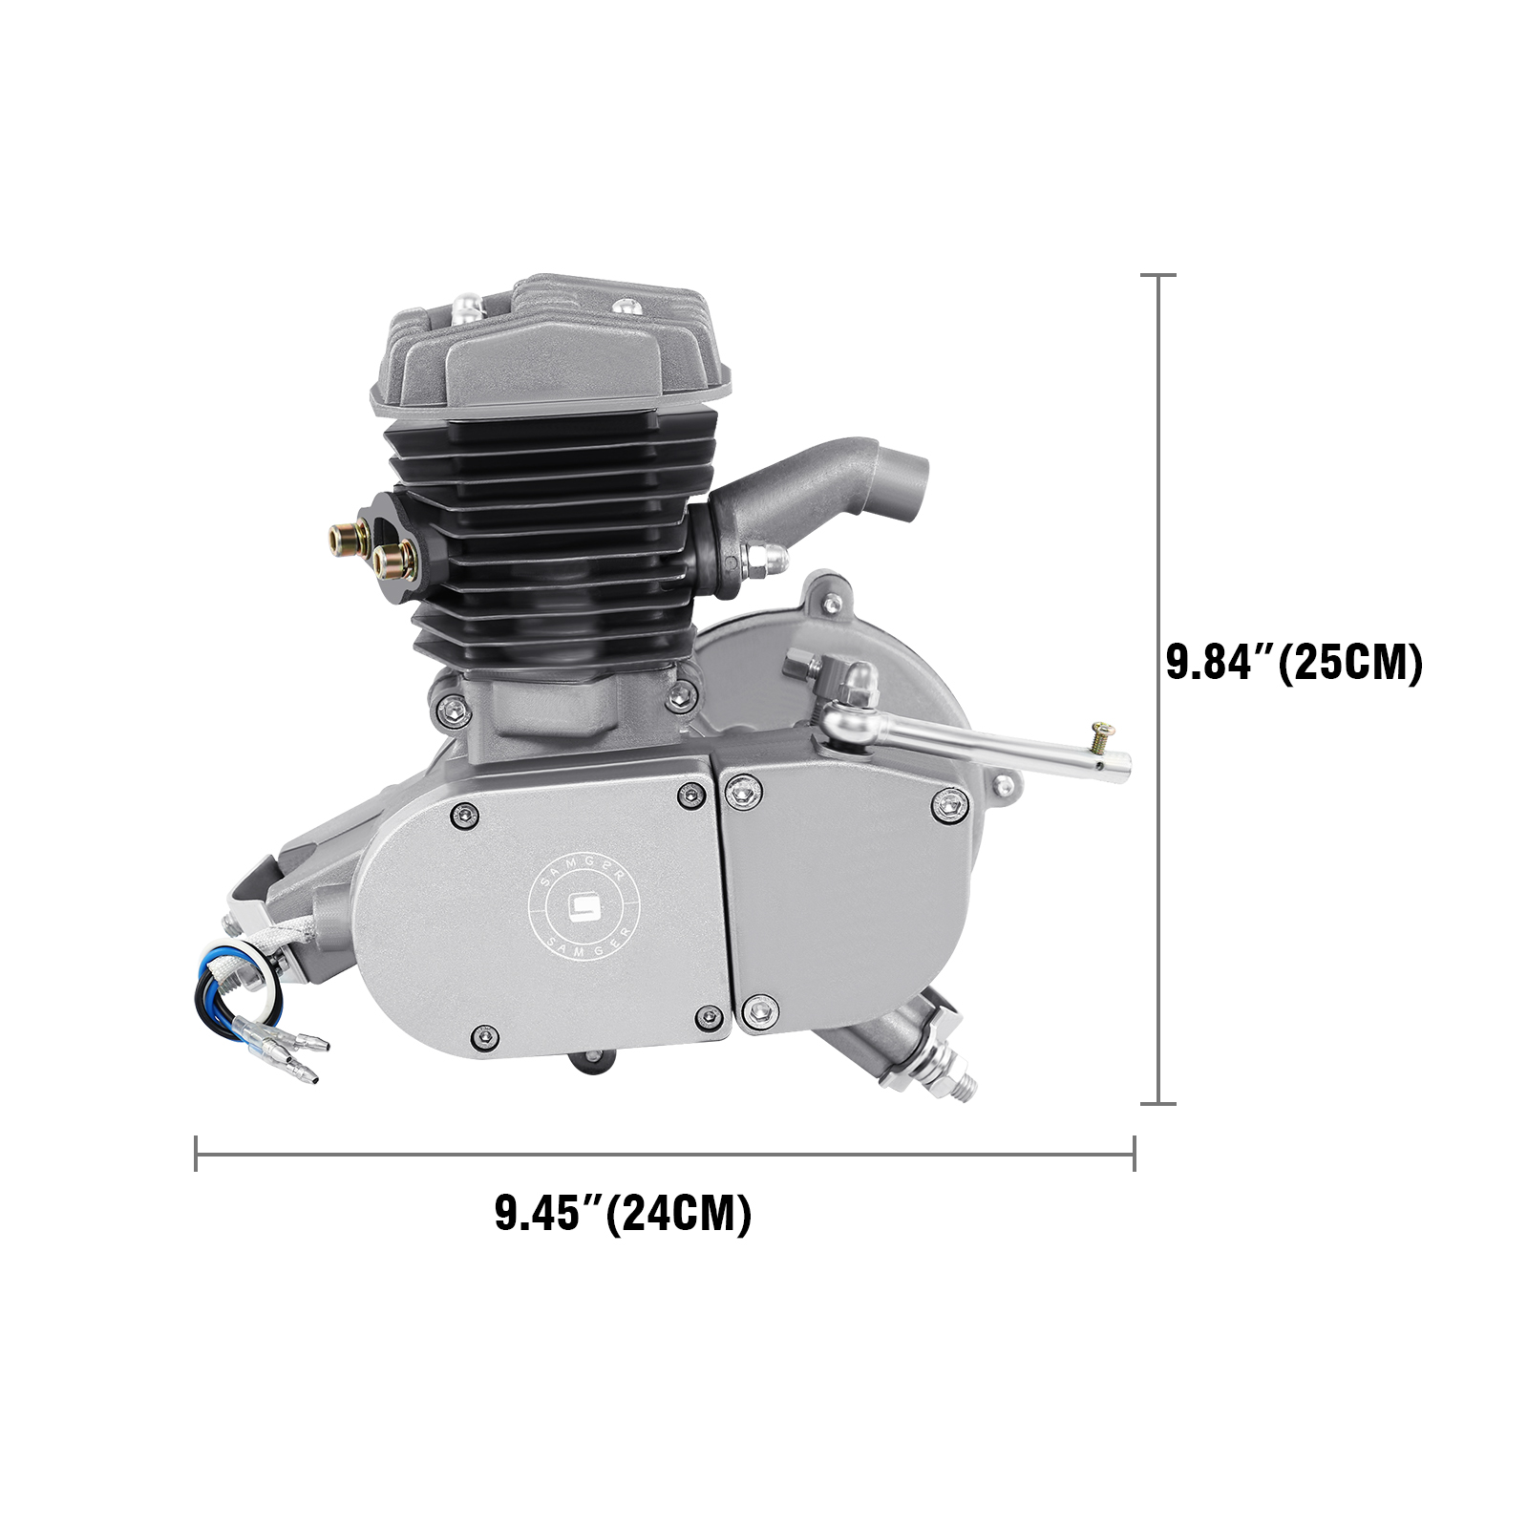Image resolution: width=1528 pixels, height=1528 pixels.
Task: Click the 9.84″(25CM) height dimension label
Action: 1294,663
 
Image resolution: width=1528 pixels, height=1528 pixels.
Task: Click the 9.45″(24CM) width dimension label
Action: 623,1214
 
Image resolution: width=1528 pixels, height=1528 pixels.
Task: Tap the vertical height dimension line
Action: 1158,689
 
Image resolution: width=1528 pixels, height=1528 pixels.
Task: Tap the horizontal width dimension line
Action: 665,1153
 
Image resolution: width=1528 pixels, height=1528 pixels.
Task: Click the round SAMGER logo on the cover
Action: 584,907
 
